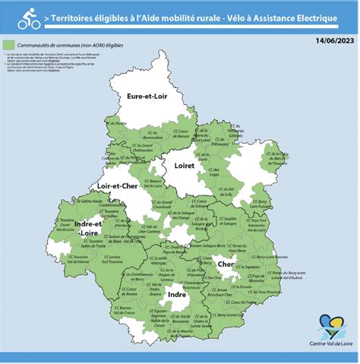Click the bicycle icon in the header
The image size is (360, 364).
coord(28,14)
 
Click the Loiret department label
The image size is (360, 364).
coord(185,165)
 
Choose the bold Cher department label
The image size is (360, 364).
coord(226,265)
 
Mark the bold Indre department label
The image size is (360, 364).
coord(176,293)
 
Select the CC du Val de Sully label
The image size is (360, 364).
coord(225,189)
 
